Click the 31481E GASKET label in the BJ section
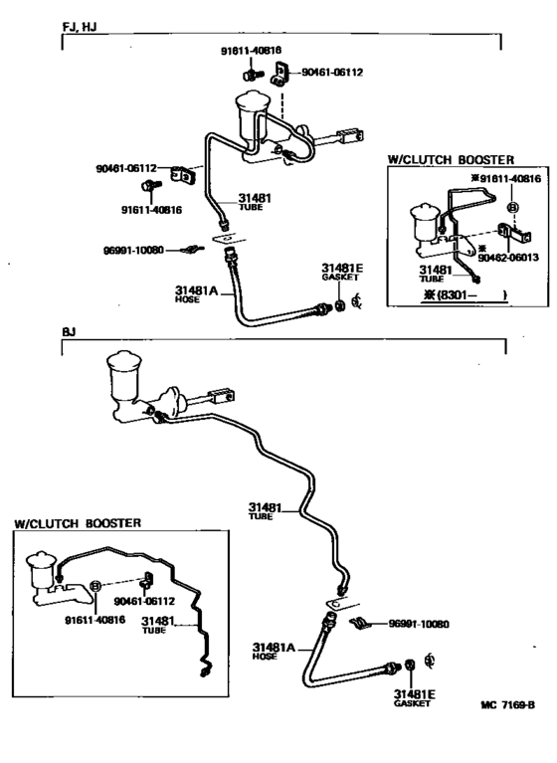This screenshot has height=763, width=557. click(413, 696)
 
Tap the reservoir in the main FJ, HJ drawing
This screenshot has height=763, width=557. click(249, 112)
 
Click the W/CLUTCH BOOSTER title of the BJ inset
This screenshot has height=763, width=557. click(77, 522)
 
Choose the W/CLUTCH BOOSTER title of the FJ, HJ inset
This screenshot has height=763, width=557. click(451, 158)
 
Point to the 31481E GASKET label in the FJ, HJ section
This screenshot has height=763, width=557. click(341, 272)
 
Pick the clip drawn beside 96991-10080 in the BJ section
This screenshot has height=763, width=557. click(359, 624)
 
